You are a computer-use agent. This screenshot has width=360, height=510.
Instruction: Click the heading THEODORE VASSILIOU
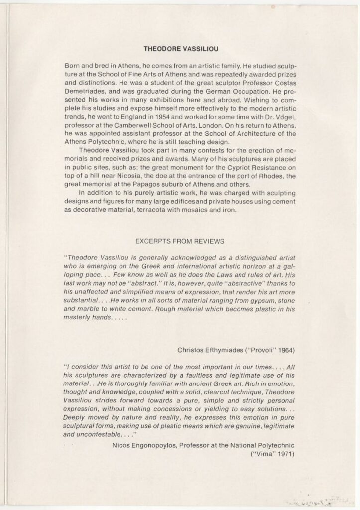click(180, 50)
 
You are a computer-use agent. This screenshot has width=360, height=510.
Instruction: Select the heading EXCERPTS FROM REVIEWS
click(180, 241)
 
